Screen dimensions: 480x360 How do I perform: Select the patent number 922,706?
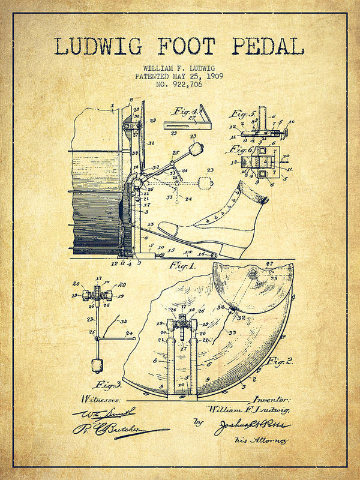click(x=187, y=85)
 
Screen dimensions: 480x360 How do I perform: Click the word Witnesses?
click(x=100, y=398)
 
